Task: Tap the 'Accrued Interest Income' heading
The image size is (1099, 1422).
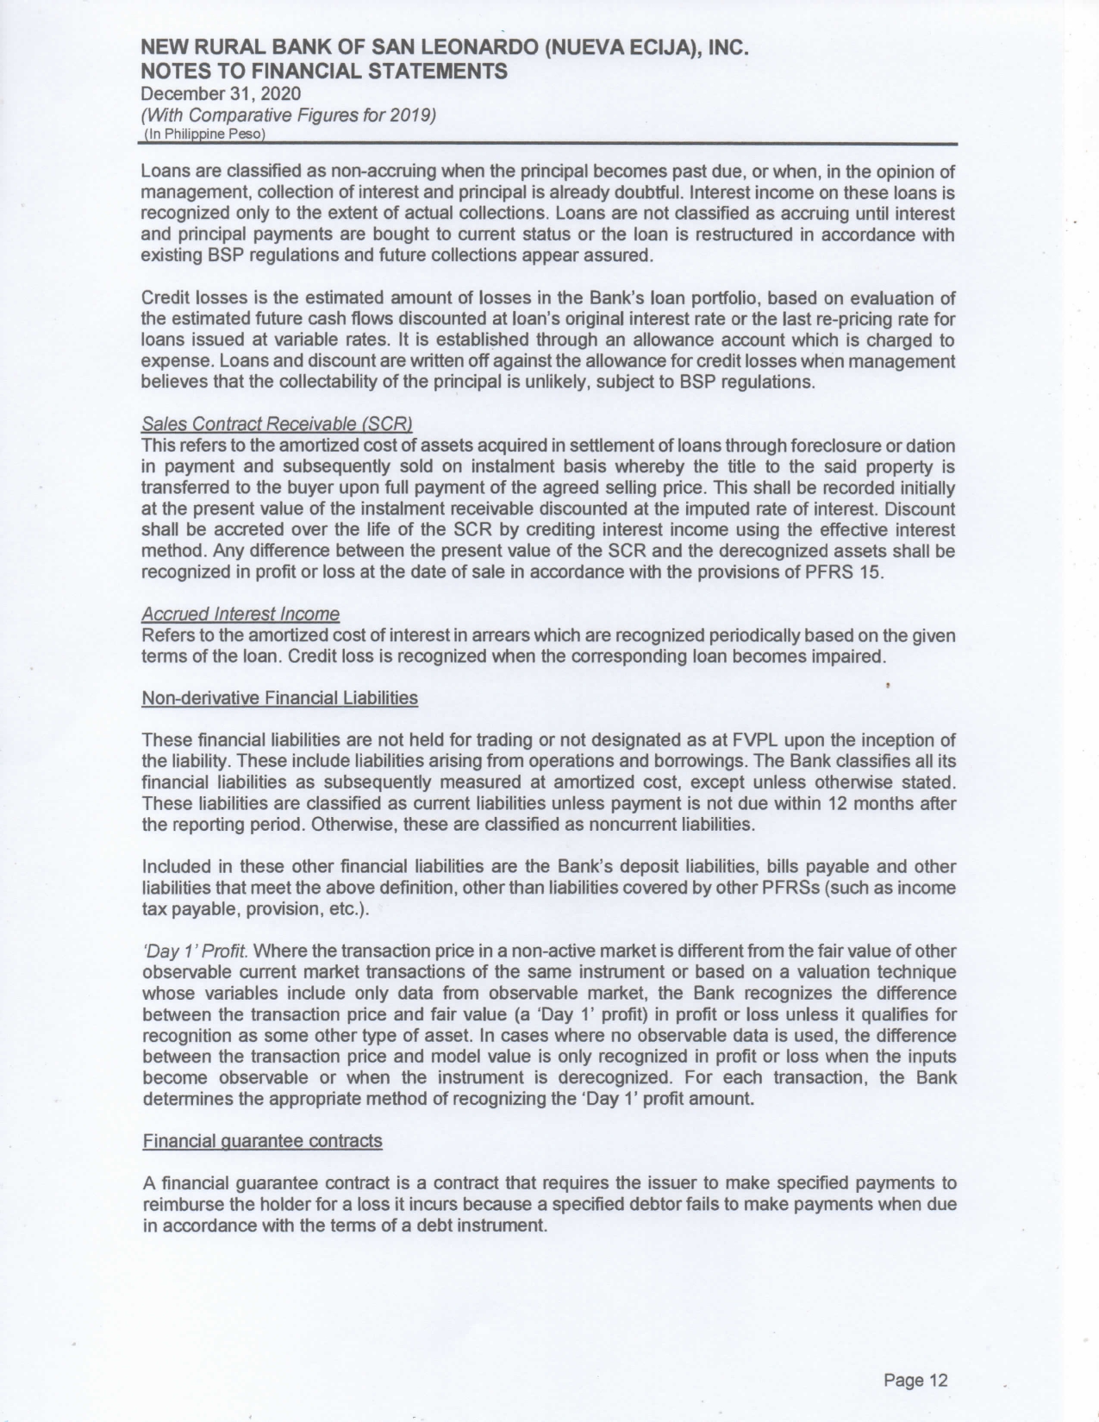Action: tap(240, 614)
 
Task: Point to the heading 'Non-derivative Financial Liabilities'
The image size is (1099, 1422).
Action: tap(279, 698)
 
